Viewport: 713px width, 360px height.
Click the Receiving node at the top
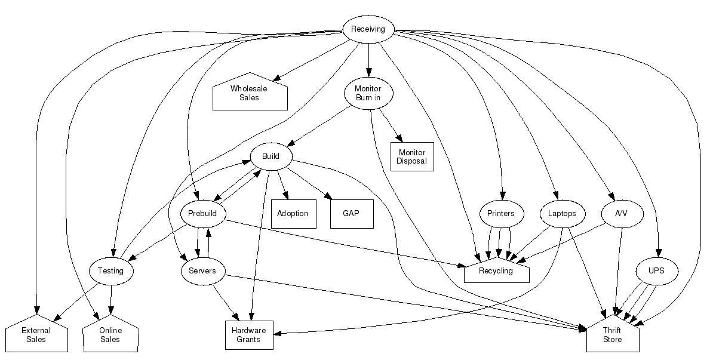368,29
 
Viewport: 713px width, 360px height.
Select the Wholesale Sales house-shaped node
250,93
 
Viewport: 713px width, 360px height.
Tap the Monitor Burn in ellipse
368,93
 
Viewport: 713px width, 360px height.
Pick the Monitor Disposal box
411,156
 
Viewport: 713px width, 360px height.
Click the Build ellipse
271,156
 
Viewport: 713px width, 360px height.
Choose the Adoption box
293,213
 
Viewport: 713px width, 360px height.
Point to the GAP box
351,213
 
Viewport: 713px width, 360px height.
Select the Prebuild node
203,213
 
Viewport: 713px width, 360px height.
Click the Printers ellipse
501,213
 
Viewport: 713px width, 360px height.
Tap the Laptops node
561,213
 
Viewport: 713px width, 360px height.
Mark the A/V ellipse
621,213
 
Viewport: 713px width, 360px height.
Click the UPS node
656,270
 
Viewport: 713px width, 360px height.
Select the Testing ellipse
110,270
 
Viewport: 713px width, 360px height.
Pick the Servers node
202,270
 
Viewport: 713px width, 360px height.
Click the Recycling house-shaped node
496,272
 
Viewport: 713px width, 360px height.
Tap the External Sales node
36,336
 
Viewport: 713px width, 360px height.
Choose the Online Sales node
110,336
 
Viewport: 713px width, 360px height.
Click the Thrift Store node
612,336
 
